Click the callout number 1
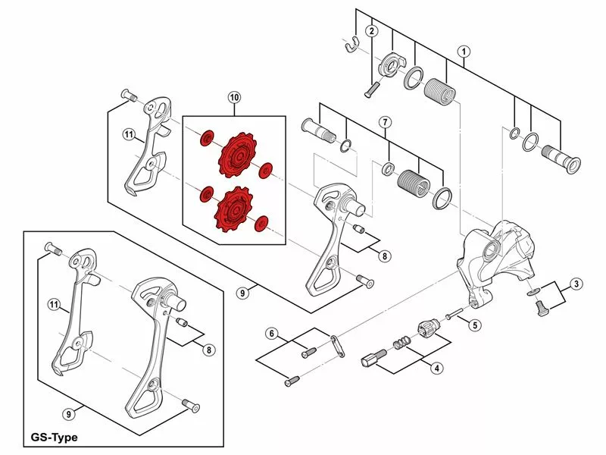coord(464,51)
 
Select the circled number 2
coord(372,31)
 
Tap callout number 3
coord(577,284)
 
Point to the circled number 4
coord(436,368)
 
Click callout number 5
coord(474,325)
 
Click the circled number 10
coord(233,97)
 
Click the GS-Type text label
coord(55,438)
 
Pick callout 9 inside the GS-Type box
coord(69,414)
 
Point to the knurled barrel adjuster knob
coord(427,330)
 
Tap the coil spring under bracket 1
coord(440,90)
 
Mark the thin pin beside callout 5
coord(454,315)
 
